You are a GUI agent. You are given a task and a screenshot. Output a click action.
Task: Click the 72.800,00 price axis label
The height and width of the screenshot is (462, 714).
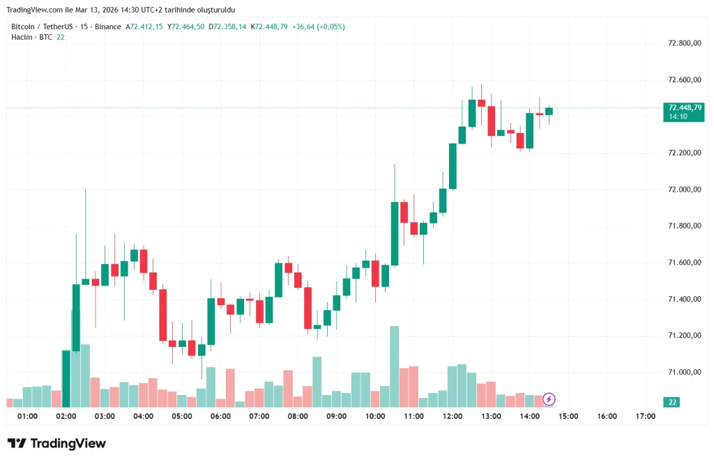[x=683, y=43]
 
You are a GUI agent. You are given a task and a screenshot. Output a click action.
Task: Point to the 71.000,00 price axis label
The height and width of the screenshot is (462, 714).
[x=683, y=372]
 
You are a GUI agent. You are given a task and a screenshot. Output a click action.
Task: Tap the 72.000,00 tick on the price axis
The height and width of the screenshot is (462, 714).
[x=683, y=190]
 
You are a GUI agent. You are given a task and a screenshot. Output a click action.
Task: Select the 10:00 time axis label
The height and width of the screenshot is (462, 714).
[x=375, y=417]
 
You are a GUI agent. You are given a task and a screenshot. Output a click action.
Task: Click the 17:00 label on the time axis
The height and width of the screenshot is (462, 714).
[x=646, y=417]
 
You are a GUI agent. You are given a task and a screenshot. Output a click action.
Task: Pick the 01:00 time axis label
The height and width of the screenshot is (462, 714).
[x=27, y=417]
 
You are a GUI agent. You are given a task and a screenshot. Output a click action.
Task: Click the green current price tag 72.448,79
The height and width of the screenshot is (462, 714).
[x=685, y=107]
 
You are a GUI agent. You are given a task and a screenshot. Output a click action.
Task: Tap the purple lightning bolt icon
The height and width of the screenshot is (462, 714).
[x=549, y=399]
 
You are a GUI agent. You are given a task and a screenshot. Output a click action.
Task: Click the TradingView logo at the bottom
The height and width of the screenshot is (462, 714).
[x=56, y=444]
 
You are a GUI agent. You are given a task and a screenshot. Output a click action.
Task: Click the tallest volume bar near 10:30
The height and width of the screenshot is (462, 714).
[x=394, y=366]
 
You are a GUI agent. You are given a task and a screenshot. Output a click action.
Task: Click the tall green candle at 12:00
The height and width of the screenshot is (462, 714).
[x=453, y=166]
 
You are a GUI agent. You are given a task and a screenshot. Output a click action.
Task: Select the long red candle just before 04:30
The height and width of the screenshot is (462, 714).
[x=163, y=315]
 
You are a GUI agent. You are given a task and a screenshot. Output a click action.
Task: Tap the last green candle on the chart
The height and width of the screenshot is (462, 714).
[x=549, y=111]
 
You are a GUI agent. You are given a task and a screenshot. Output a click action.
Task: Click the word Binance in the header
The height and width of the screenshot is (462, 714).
[x=108, y=26]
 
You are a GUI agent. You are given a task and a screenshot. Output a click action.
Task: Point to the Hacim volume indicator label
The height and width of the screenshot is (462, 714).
[x=22, y=37]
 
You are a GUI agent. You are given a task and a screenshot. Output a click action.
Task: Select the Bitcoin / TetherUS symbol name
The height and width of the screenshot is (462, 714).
[x=43, y=26]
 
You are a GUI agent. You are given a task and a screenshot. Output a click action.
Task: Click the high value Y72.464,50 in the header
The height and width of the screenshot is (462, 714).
[x=186, y=26]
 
